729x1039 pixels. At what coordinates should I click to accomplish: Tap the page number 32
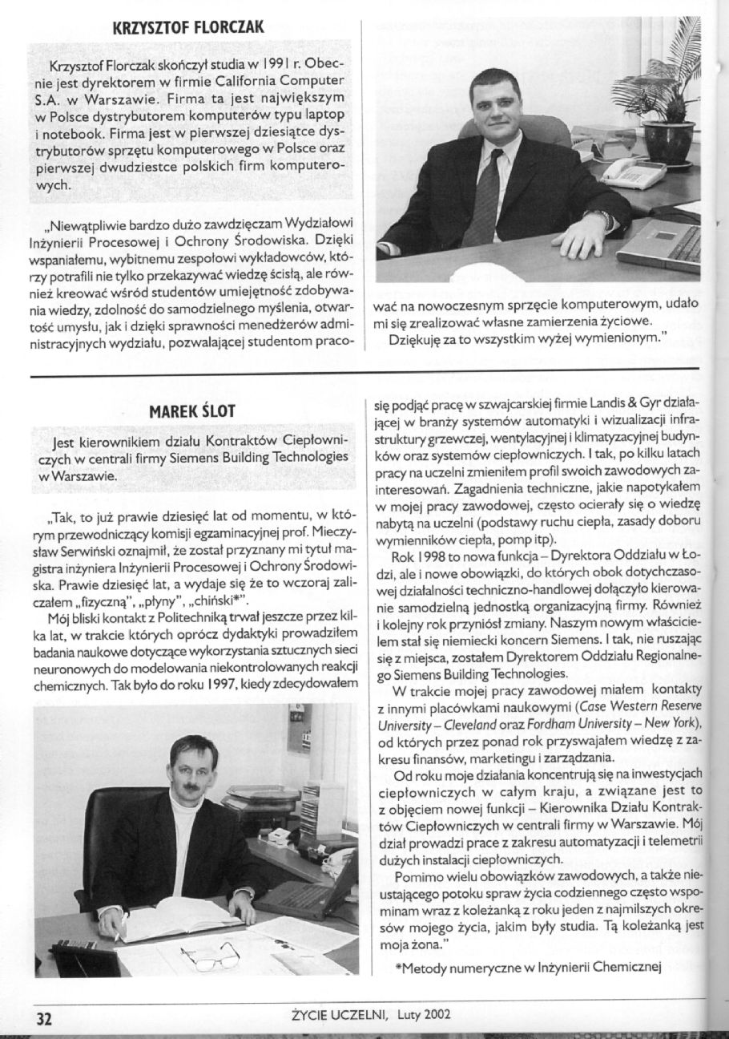42,1017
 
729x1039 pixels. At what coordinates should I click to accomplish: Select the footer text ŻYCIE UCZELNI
337,1016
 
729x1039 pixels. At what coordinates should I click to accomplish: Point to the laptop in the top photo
661,246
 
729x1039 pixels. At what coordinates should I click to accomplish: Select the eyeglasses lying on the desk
209,955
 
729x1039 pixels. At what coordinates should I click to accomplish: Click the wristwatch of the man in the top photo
603,218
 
